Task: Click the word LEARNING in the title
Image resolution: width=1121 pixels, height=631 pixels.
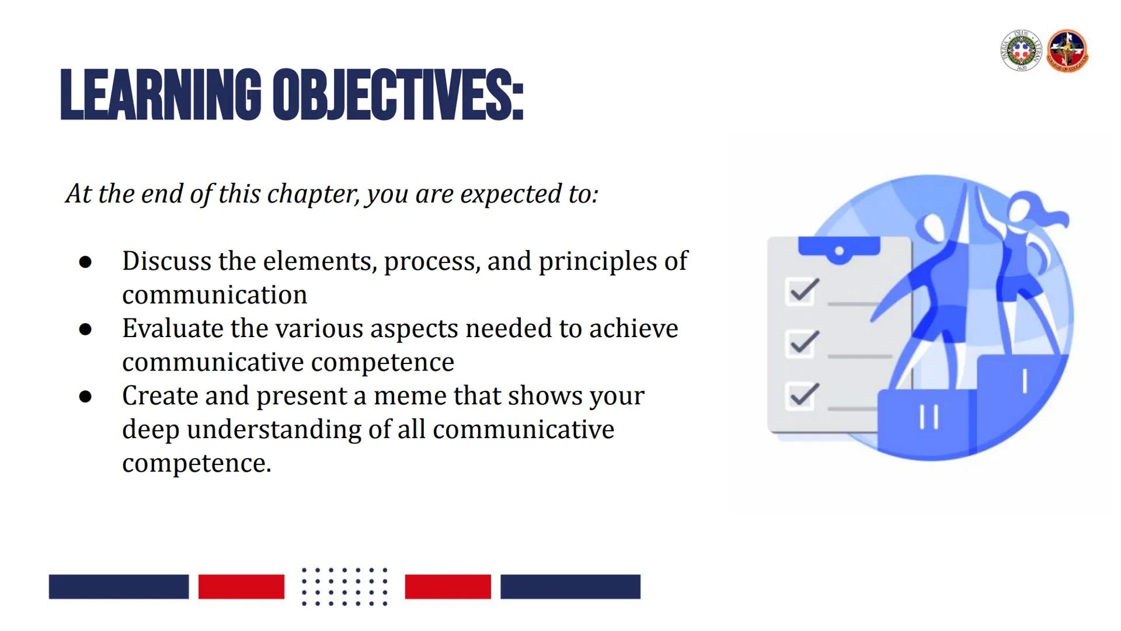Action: pyautogui.click(x=161, y=95)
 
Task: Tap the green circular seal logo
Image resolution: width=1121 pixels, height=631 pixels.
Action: pyautogui.click(x=1021, y=51)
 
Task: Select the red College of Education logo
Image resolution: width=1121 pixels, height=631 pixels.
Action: pyautogui.click(x=1067, y=51)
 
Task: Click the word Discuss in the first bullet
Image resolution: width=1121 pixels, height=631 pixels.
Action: pyautogui.click(x=166, y=261)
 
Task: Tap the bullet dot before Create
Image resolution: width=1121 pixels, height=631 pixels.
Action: pyautogui.click(x=85, y=397)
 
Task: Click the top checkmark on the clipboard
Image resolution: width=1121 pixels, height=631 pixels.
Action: pyautogui.click(x=803, y=290)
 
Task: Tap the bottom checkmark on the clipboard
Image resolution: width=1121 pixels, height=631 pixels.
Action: pyautogui.click(x=803, y=395)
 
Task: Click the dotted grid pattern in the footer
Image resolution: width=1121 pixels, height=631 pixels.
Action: pyautogui.click(x=344, y=586)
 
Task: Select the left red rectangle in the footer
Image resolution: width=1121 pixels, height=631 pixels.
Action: pyautogui.click(x=241, y=587)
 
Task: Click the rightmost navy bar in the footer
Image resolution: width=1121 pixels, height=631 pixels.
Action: pyautogui.click(x=570, y=587)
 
